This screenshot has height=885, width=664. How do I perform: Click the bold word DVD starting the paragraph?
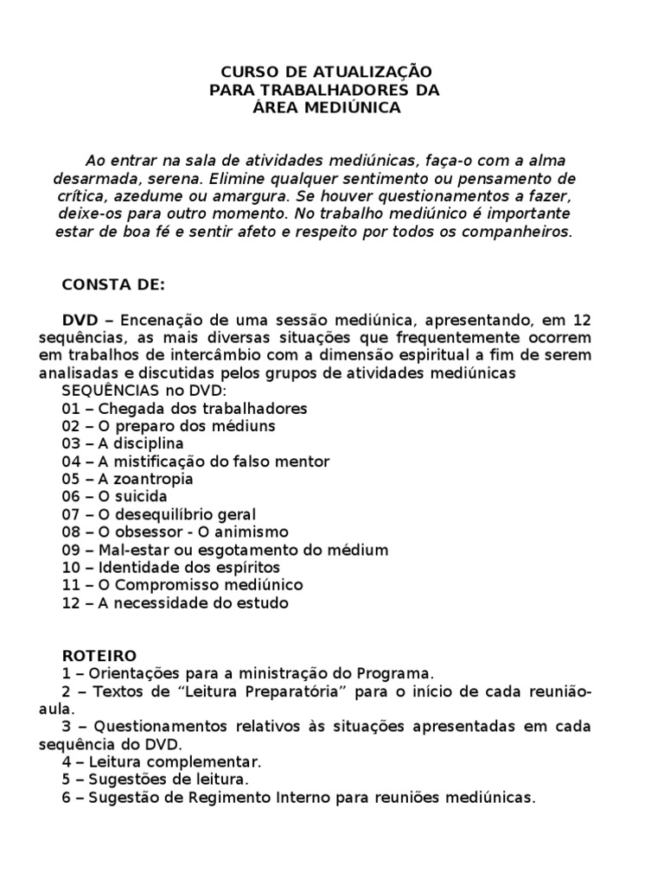(x=80, y=320)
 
